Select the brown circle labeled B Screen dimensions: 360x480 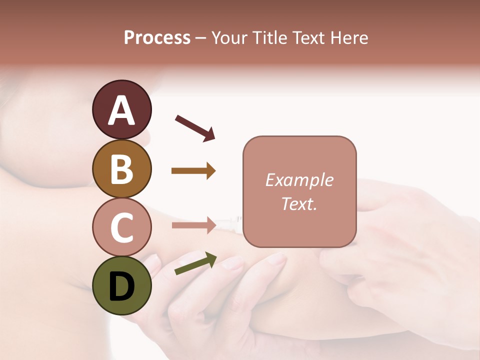click(x=121, y=168)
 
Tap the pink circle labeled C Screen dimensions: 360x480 click(x=121, y=227)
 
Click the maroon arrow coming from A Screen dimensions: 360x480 click(x=195, y=127)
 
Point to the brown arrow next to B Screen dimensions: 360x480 click(x=193, y=171)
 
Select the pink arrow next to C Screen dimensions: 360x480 click(x=193, y=225)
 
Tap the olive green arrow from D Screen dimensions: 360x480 click(x=195, y=263)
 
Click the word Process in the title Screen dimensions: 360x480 click(x=157, y=38)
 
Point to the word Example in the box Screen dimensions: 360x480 click(x=299, y=180)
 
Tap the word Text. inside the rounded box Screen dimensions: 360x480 click(x=299, y=203)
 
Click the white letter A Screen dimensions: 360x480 click(x=121, y=111)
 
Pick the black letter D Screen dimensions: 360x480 click(x=121, y=287)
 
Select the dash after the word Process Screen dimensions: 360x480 click(x=201, y=38)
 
